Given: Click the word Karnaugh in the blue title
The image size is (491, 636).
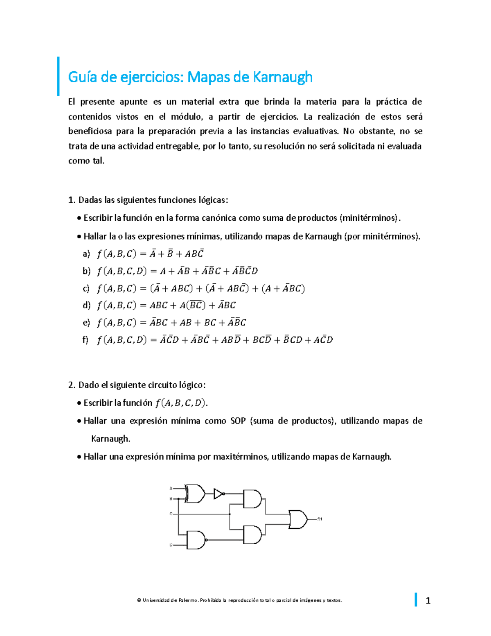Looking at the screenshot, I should (282, 77).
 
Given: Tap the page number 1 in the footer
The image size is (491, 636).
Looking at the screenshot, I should (428, 601).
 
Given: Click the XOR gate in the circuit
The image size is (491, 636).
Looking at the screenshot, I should (196, 493).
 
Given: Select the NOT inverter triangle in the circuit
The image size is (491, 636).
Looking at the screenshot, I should (218, 493).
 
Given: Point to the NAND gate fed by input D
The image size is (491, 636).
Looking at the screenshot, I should (196, 540).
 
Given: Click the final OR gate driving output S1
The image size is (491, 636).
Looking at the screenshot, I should (298, 519).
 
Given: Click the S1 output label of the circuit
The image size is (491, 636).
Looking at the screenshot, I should (320, 519).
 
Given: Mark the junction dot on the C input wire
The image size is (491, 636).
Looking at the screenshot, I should (230, 514).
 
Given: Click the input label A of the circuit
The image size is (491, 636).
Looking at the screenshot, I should (171, 488).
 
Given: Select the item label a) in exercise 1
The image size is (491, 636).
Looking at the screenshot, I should (86, 254).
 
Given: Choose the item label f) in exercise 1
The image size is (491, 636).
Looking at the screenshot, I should (85, 340).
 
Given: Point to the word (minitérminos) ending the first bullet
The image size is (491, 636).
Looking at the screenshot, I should (369, 218).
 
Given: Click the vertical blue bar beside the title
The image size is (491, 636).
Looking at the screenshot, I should (59, 76).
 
